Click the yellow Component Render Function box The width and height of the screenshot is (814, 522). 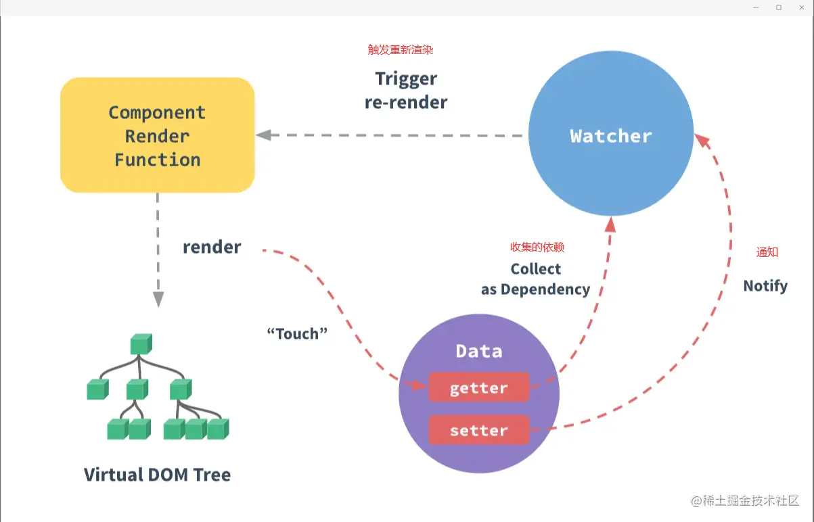(157, 135)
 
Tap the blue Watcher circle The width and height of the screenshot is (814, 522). (610, 135)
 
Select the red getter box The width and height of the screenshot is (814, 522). (478, 387)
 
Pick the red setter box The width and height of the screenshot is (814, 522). (478, 430)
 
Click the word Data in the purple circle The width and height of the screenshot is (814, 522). (478, 351)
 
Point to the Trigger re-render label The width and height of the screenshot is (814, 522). (406, 91)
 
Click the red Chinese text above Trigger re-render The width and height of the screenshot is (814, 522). (400, 50)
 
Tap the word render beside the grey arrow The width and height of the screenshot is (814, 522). (212, 247)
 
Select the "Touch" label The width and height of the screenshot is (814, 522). (297, 333)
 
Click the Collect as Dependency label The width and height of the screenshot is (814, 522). (535, 279)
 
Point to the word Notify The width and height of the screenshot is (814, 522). (765, 286)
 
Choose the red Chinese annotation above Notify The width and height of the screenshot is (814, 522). (767, 252)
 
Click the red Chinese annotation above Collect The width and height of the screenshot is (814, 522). (537, 247)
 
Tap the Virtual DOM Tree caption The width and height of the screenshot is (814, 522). (157, 475)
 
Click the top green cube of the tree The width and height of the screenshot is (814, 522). (140, 343)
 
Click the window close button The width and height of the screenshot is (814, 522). (802, 7)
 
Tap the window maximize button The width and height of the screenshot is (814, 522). (779, 7)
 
